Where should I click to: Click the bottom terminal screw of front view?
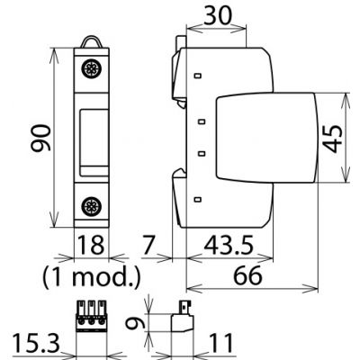[90, 204]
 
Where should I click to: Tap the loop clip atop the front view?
[90, 41]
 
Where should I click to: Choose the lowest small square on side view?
[197, 197]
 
